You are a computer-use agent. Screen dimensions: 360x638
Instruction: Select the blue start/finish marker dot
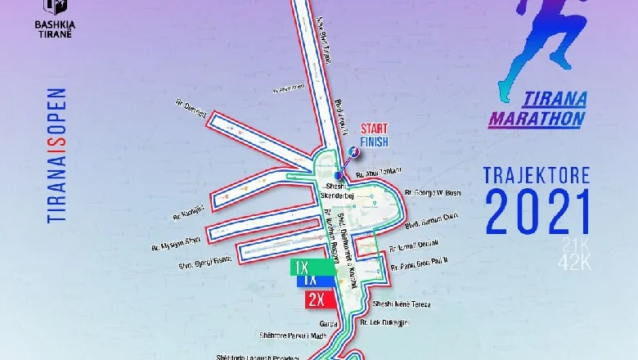click(339, 175)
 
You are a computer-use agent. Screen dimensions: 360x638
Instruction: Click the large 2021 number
click(536, 214)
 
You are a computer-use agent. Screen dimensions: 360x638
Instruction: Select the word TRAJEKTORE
click(537, 175)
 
